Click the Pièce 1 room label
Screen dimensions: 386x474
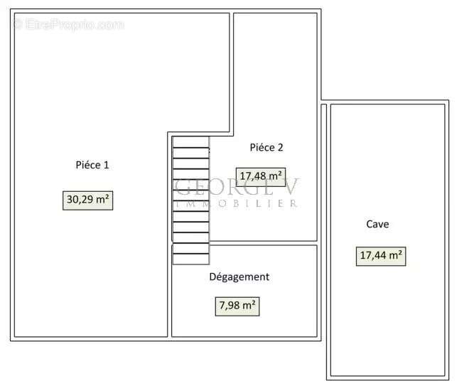tap(92, 165)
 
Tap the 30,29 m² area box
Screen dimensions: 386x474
tap(88, 200)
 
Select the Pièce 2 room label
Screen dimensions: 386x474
tap(266, 148)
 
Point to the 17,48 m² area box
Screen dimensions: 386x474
tap(261, 176)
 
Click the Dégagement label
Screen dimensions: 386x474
tap(239, 277)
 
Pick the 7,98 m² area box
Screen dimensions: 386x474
tap(237, 306)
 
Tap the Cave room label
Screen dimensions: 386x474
tap(377, 224)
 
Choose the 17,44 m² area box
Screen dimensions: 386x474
tap(381, 255)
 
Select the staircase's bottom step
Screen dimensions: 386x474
tap(191, 258)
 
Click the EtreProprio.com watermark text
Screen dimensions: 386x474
tap(68, 24)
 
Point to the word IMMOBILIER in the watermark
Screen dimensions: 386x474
tap(235, 203)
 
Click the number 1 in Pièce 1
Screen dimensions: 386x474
tap(106, 165)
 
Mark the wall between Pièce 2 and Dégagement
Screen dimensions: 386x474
tap(264, 243)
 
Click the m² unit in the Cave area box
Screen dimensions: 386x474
tap(396, 255)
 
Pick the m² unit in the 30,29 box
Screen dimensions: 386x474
tap(102, 200)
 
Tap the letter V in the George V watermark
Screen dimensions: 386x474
tap(291, 187)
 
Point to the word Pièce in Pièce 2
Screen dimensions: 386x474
tap(262, 148)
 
